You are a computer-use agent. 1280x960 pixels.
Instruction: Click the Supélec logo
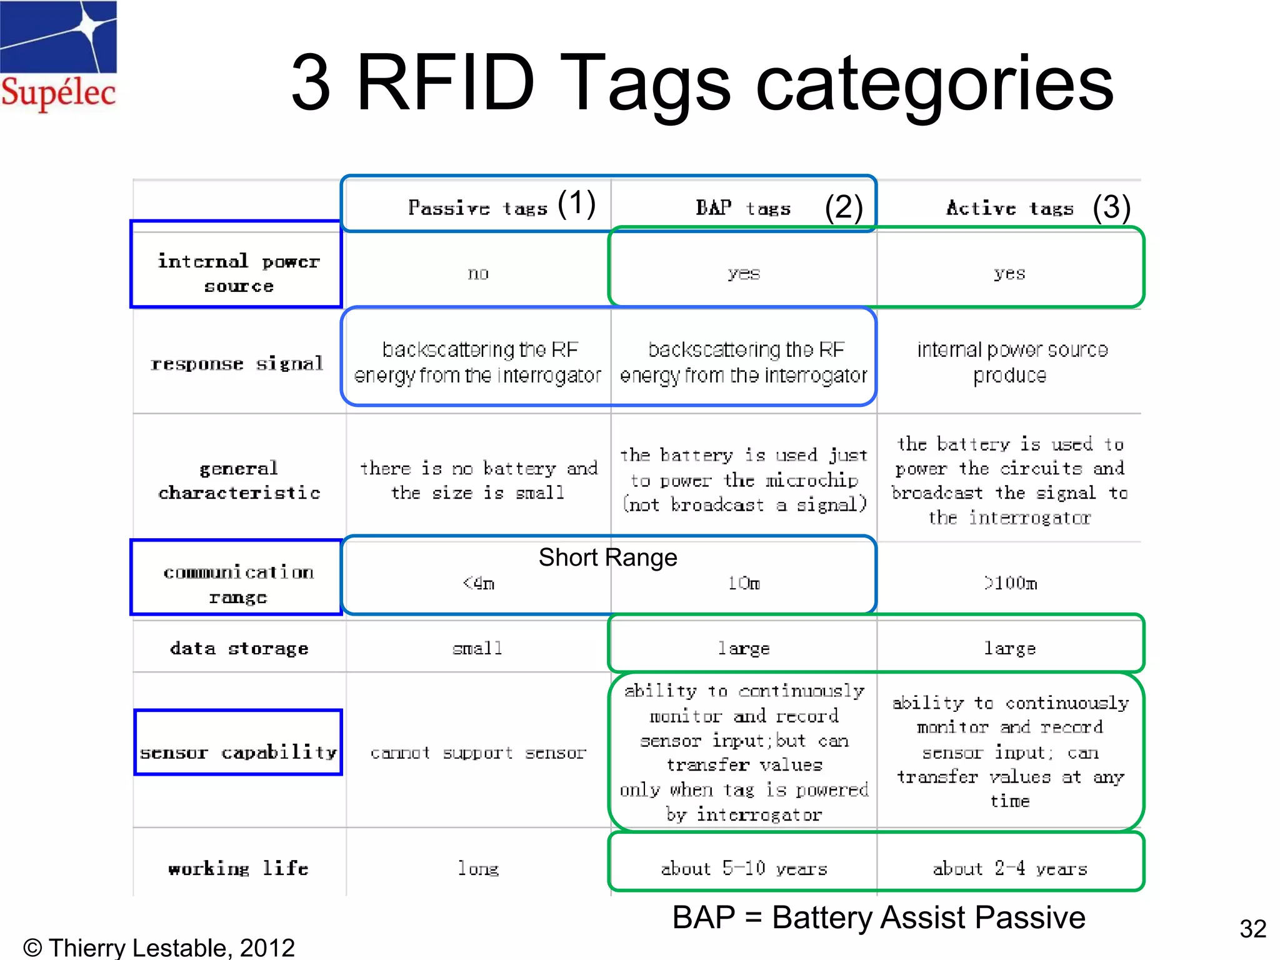[58, 56]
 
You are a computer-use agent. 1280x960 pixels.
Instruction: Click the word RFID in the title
[445, 83]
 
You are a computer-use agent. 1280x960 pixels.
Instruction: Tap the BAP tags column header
[743, 207]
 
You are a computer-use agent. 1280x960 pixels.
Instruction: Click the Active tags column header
[1010, 207]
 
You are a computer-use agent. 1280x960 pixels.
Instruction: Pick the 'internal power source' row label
[237, 273]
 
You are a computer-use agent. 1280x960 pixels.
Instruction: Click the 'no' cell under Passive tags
[478, 274]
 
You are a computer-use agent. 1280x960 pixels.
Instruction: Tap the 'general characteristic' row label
[239, 480]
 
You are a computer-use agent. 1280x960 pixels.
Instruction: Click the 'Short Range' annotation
[607, 557]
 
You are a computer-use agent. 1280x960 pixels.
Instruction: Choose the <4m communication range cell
[479, 584]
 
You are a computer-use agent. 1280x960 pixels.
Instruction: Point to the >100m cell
[1010, 584]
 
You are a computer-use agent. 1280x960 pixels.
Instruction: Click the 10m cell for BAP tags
[744, 584]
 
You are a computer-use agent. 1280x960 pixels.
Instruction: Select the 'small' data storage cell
[477, 649]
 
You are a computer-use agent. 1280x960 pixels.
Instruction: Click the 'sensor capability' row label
[238, 752]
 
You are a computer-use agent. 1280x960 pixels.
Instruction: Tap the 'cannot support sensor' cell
[478, 752]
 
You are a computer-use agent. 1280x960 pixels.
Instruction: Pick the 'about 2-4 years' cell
[1010, 869]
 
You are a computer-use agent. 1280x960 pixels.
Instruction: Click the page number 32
[1252, 929]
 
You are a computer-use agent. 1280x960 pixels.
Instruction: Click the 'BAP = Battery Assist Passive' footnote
[878, 917]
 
